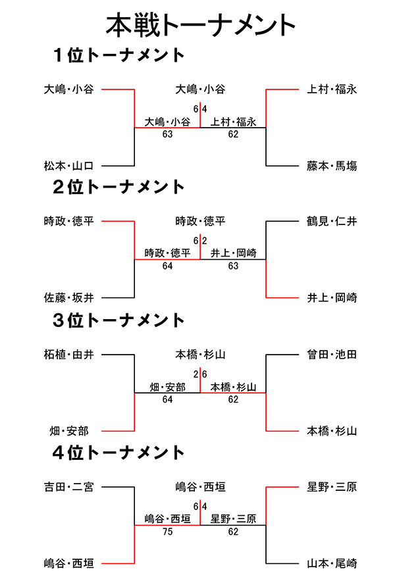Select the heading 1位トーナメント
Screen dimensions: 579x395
point(118,55)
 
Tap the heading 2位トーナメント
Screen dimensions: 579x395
point(118,188)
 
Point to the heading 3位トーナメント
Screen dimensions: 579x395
point(118,320)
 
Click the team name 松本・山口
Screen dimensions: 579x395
point(69,166)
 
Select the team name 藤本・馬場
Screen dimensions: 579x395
point(332,166)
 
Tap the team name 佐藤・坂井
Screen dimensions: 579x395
point(69,297)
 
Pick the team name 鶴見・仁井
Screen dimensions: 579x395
point(332,221)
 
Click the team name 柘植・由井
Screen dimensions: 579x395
point(69,355)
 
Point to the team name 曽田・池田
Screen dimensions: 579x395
point(332,355)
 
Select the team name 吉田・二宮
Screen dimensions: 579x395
point(69,487)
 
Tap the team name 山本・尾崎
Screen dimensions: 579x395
point(332,563)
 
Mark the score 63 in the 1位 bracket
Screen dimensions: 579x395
point(167,134)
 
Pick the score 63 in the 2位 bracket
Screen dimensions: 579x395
point(233,266)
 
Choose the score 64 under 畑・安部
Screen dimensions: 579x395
point(167,399)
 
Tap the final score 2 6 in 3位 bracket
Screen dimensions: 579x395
point(200,374)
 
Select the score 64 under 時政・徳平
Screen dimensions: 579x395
point(167,266)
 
